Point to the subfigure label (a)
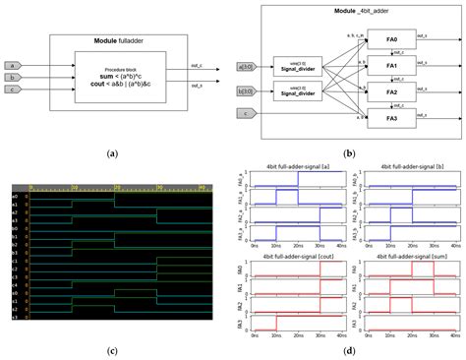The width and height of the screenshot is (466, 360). click(111, 152)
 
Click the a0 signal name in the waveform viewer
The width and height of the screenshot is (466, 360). click(15, 196)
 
